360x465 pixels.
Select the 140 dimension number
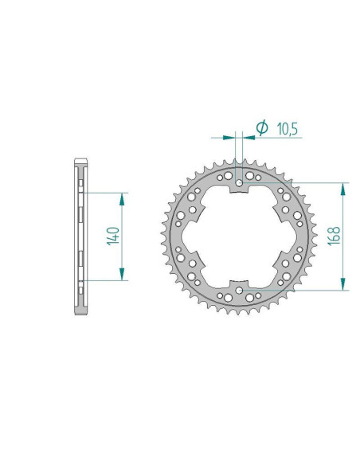point(113,236)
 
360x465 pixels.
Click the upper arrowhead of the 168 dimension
point(343,189)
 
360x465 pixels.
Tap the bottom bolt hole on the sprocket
point(240,290)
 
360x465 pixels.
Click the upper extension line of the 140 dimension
point(104,192)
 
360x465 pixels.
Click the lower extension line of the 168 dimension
point(319,290)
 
